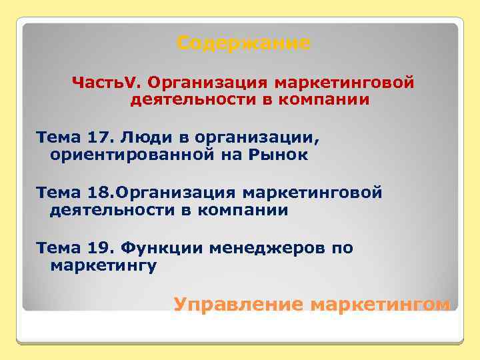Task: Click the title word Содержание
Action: (244, 44)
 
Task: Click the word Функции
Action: (163, 249)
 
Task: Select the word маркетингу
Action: (103, 265)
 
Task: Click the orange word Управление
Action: (239, 305)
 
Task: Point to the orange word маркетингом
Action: (380, 305)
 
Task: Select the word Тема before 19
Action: (58, 249)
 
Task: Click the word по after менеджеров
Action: (342, 249)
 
